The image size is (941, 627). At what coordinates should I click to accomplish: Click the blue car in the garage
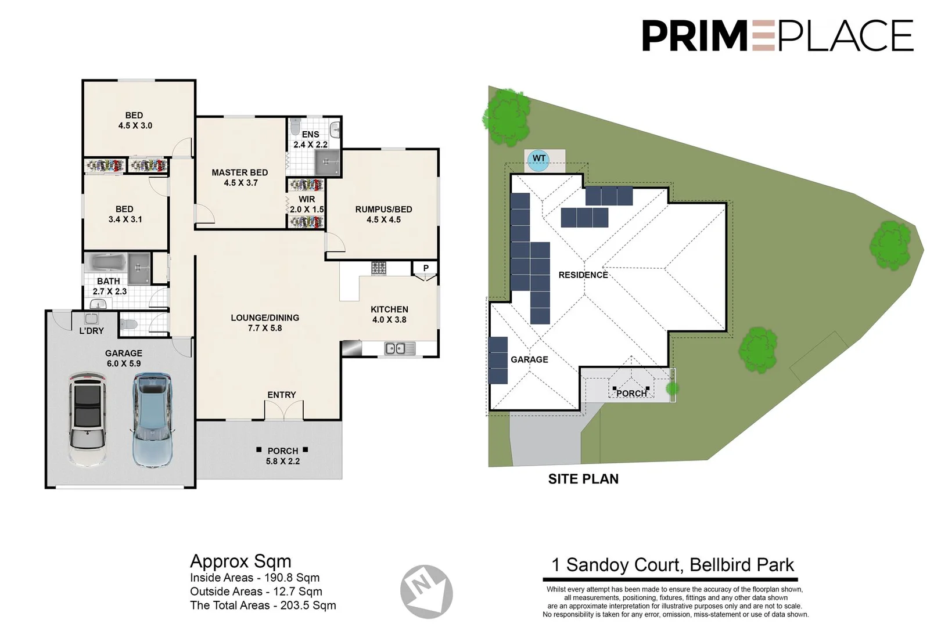coord(152,419)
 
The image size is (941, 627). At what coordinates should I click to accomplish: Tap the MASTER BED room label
coord(239,172)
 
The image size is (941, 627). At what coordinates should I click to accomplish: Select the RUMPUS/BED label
coord(383,210)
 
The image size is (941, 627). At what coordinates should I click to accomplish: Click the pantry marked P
coord(426,268)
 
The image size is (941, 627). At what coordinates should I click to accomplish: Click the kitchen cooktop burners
coord(379,268)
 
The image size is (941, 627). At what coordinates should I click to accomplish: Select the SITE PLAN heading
coord(583,479)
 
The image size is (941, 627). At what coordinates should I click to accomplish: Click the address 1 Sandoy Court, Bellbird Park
coord(672,565)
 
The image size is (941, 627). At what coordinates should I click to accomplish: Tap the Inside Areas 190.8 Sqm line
coord(254,578)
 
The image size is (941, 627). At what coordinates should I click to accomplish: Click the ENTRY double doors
coord(283,410)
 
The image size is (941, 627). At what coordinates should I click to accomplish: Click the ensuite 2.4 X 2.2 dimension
coord(310,145)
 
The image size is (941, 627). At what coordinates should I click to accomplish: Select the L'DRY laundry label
coord(91,330)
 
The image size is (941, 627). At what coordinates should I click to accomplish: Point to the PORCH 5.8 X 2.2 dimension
coord(283,462)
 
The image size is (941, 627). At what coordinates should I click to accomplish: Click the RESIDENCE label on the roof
coord(583,275)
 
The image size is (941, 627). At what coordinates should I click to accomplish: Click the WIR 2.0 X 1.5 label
coord(307,204)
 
